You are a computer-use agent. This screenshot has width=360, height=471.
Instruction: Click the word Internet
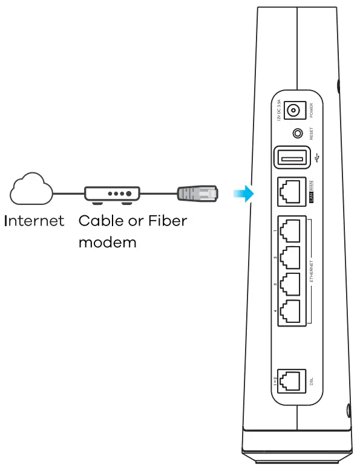[x=34, y=220]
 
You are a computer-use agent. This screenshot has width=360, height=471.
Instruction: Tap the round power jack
[x=295, y=111]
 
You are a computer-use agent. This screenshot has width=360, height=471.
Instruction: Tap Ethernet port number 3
[x=291, y=284]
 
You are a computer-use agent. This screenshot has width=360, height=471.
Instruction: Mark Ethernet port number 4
[x=291, y=312]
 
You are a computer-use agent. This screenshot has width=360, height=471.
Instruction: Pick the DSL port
[x=291, y=381]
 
